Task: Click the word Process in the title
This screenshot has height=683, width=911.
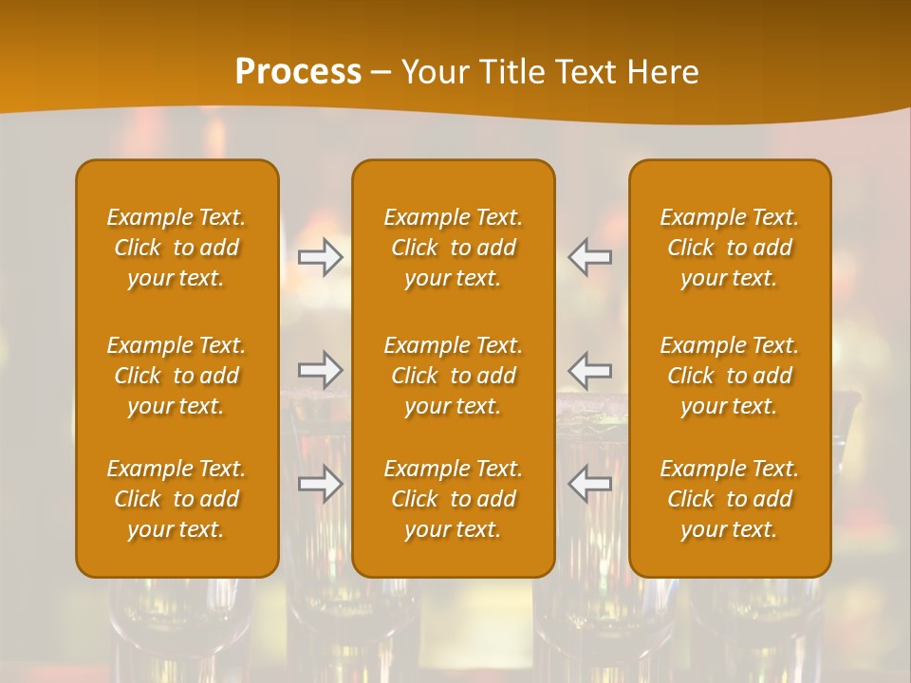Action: tap(298, 72)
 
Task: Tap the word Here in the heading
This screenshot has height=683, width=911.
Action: tap(663, 72)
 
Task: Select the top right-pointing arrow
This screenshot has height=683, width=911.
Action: tap(321, 257)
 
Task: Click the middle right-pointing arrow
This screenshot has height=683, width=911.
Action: tap(321, 368)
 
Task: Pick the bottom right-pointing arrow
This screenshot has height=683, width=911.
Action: tap(321, 484)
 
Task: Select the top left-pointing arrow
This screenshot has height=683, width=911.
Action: tap(590, 257)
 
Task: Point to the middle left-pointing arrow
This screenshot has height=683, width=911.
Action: tap(590, 368)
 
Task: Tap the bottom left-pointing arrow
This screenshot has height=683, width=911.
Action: tap(590, 484)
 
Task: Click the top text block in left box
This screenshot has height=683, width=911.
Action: tap(177, 248)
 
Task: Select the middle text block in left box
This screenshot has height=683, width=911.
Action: tap(177, 376)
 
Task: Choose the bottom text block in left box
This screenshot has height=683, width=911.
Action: tap(177, 499)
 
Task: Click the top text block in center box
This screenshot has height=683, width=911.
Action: tap(454, 248)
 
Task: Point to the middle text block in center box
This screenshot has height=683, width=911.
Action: tap(454, 376)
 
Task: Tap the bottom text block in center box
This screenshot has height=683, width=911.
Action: tap(454, 499)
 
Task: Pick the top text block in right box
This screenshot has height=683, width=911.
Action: tap(730, 248)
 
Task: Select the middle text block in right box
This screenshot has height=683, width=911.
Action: tap(730, 376)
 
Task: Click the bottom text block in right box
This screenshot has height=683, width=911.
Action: tap(730, 499)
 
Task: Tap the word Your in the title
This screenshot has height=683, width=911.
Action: tap(433, 72)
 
